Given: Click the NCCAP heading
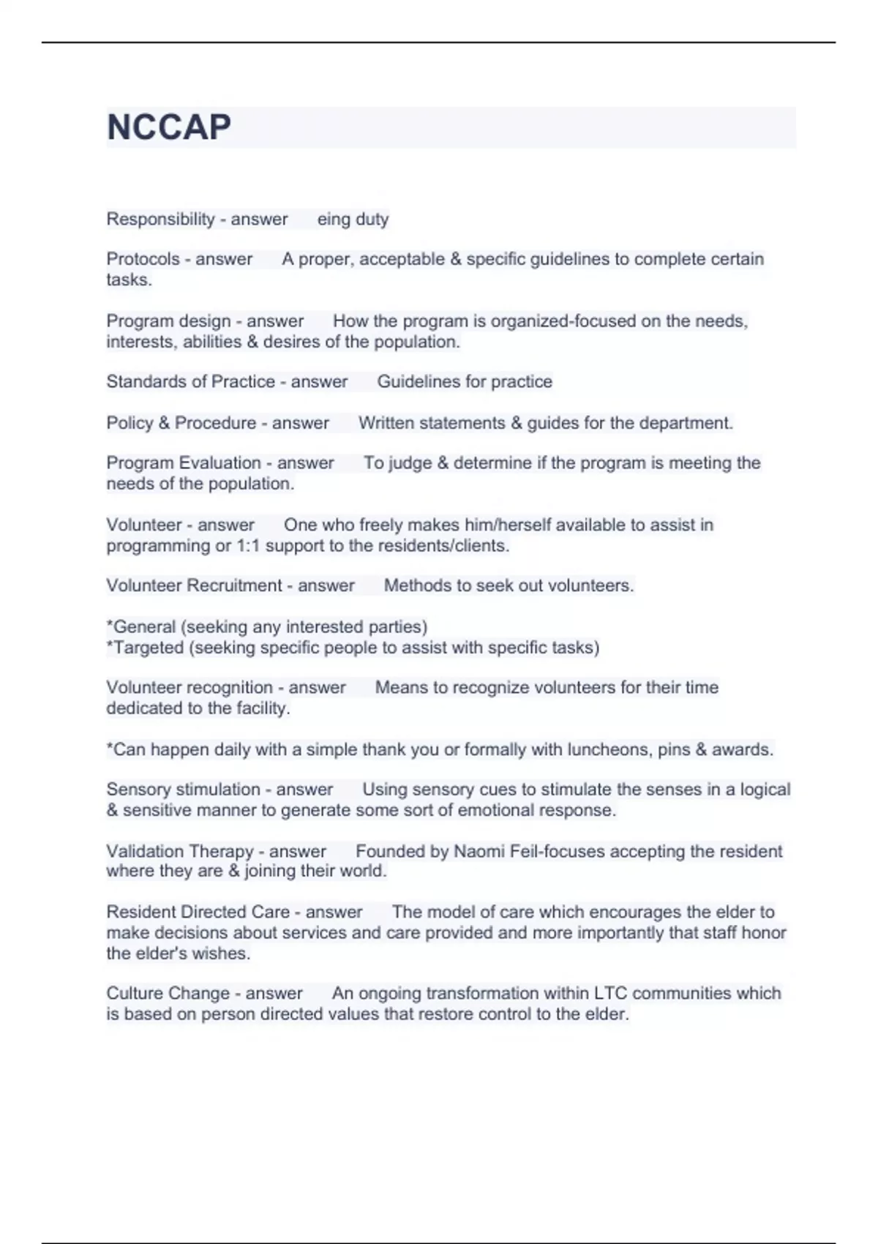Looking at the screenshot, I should tap(169, 127).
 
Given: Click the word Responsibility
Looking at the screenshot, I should tap(161, 219).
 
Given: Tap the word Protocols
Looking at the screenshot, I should tap(143, 259).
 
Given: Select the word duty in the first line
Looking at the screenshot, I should tap(372, 219).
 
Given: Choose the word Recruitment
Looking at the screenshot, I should tap(234, 585).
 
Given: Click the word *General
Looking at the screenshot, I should tap(141, 627).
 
